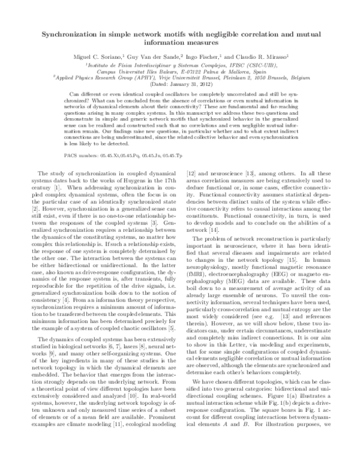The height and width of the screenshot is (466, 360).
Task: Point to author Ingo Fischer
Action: [x=220, y=55]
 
